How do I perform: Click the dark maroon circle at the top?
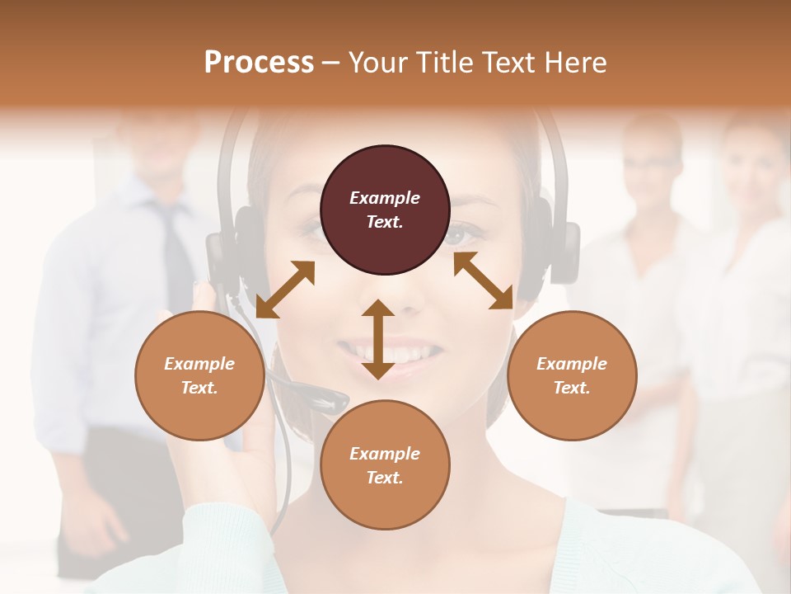(385, 210)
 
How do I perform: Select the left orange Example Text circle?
(199, 375)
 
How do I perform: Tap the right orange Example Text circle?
(572, 375)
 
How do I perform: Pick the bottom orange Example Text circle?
(385, 464)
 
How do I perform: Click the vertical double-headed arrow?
(378, 339)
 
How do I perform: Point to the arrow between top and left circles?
(285, 290)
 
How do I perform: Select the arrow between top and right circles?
(484, 280)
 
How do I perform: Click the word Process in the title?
(259, 62)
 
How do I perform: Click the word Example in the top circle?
(385, 198)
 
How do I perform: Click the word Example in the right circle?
(572, 364)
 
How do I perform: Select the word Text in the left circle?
(199, 388)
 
